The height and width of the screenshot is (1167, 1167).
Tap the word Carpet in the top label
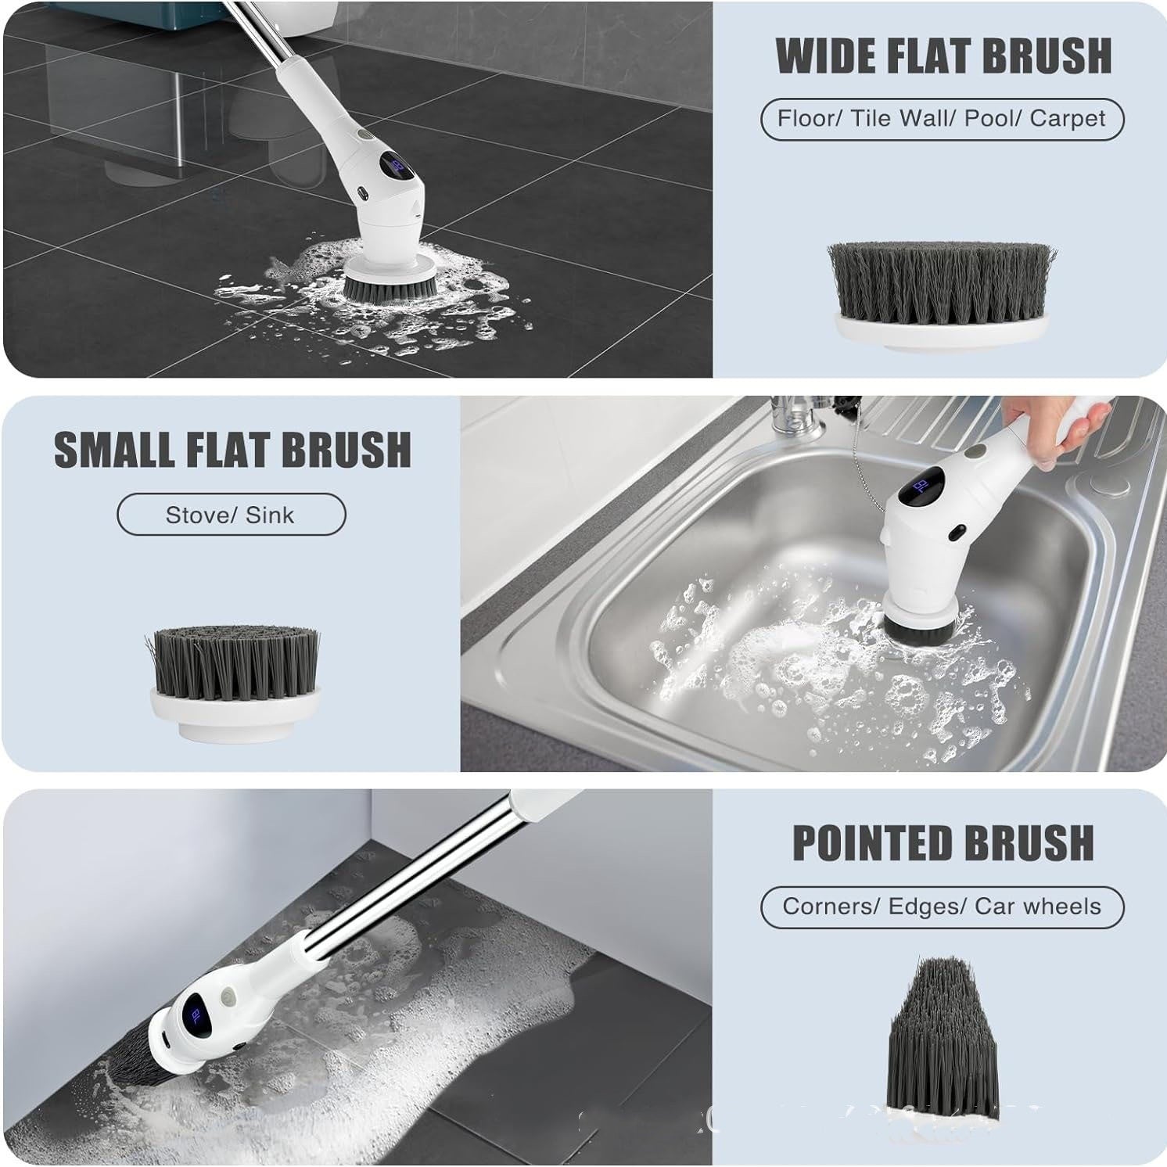(1067, 119)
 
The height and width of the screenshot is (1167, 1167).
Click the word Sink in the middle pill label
(270, 515)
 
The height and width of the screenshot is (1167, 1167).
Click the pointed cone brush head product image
(944, 1032)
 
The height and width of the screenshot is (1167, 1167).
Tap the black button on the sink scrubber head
(956, 533)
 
